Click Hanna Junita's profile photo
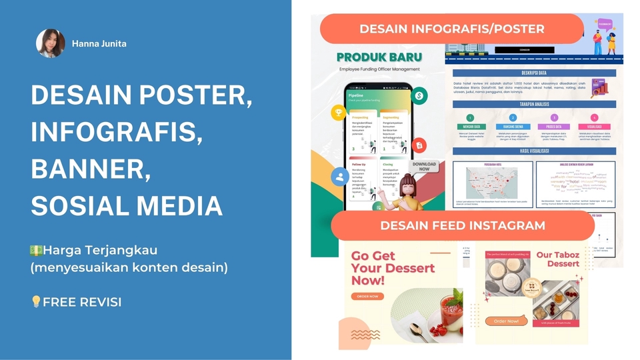[50, 43]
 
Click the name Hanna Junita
[99, 44]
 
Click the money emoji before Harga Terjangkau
[37, 251]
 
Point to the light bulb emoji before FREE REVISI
[37, 302]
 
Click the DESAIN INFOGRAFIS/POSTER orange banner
[452, 29]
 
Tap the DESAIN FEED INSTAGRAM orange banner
[462, 225]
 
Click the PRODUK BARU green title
[379, 57]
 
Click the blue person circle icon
[339, 177]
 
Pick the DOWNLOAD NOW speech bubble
[424, 167]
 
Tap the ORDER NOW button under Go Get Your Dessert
[367, 296]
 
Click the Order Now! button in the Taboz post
[507, 321]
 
